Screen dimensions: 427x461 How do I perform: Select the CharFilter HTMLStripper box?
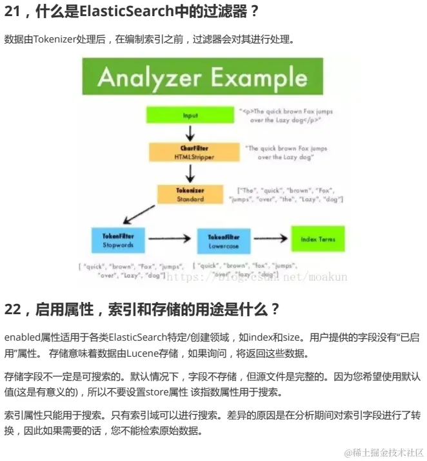point(189,152)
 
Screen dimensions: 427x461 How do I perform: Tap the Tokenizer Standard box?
point(189,194)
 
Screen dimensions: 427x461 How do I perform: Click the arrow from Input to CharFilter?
point(190,133)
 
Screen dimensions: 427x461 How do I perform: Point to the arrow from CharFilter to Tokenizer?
point(190,173)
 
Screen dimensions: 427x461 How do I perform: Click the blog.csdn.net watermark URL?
point(271,277)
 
